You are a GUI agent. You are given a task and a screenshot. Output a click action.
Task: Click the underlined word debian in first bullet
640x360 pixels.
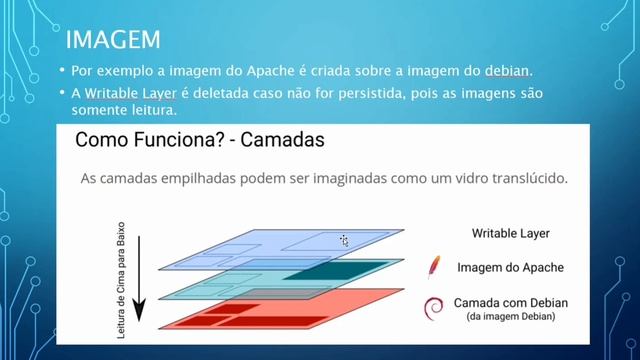click(509, 73)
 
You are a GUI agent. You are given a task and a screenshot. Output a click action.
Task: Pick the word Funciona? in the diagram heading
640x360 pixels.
click(171, 141)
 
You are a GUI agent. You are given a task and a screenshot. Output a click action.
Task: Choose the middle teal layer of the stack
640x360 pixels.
click(250, 284)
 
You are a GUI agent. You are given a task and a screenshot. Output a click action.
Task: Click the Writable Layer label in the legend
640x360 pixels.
click(511, 234)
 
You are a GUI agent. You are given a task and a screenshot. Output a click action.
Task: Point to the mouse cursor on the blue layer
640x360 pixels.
click(343, 240)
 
